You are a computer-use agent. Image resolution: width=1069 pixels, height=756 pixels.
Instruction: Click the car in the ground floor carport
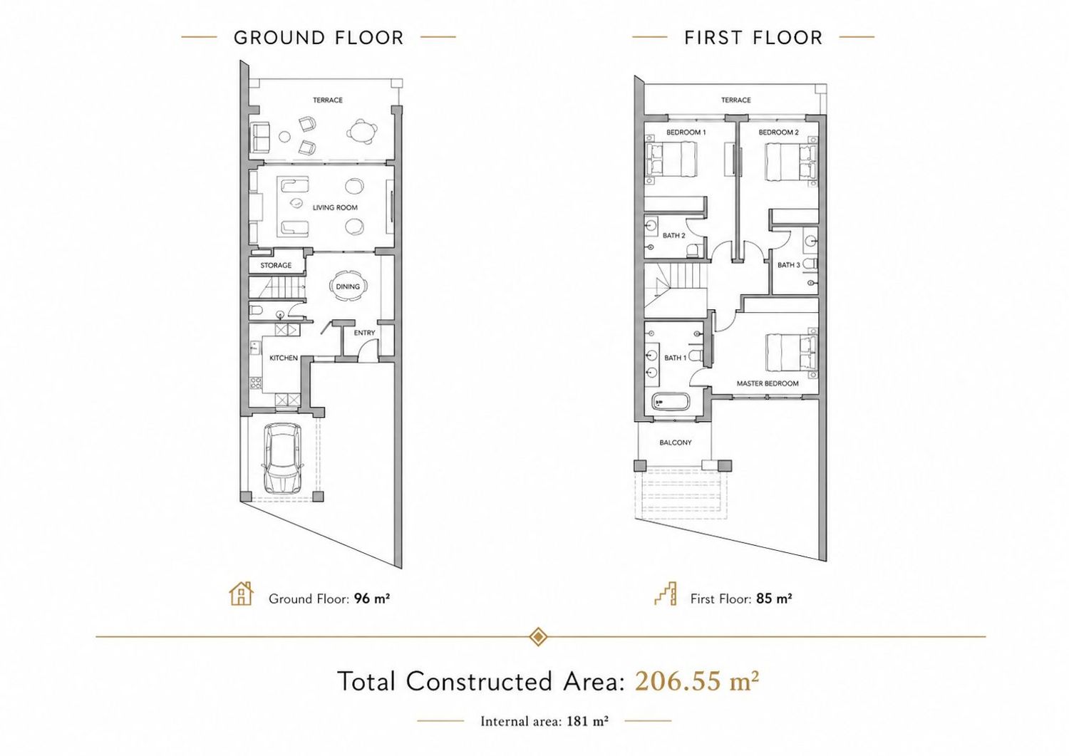[282, 459]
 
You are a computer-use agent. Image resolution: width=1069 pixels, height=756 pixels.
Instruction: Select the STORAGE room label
[276, 265]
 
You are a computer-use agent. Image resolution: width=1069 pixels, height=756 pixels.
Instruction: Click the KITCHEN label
[284, 358]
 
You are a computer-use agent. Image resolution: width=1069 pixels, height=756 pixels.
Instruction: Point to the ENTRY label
[365, 333]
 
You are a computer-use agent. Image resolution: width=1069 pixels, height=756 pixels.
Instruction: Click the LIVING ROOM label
[335, 207]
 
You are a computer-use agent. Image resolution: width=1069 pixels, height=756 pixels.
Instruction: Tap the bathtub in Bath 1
[671, 402]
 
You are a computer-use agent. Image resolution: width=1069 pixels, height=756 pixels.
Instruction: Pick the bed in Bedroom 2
[791, 162]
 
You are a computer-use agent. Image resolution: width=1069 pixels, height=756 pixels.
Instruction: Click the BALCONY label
[676, 442]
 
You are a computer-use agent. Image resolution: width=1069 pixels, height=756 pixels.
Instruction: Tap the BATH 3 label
[789, 265]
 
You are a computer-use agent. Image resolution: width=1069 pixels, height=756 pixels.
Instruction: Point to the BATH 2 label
[674, 235]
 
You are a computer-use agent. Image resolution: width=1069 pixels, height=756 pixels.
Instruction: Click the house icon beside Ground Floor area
[242, 594]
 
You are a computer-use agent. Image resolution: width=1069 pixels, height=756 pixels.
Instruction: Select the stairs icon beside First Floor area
[665, 594]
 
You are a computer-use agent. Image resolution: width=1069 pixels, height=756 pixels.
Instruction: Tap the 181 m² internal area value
[587, 721]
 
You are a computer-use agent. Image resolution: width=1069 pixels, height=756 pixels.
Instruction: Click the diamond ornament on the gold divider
[538, 637]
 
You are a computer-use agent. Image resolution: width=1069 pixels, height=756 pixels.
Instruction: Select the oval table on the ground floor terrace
[362, 131]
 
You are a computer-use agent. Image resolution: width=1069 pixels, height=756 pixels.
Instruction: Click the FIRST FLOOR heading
[753, 38]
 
